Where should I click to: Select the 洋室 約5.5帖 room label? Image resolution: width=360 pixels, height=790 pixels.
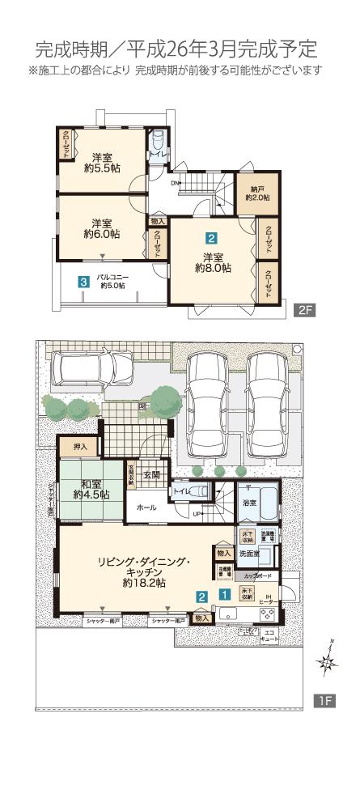(102, 164)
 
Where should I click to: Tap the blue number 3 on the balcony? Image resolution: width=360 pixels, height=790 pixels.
(83, 282)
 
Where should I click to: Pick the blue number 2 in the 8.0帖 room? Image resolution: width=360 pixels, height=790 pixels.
(210, 239)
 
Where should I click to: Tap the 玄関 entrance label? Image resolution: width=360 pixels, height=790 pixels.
(153, 475)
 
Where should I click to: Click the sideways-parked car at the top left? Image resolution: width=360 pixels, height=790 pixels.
(83, 371)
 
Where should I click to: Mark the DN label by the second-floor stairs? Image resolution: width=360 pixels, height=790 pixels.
(174, 182)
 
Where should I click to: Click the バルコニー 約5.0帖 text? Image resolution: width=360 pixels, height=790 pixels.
(113, 281)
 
